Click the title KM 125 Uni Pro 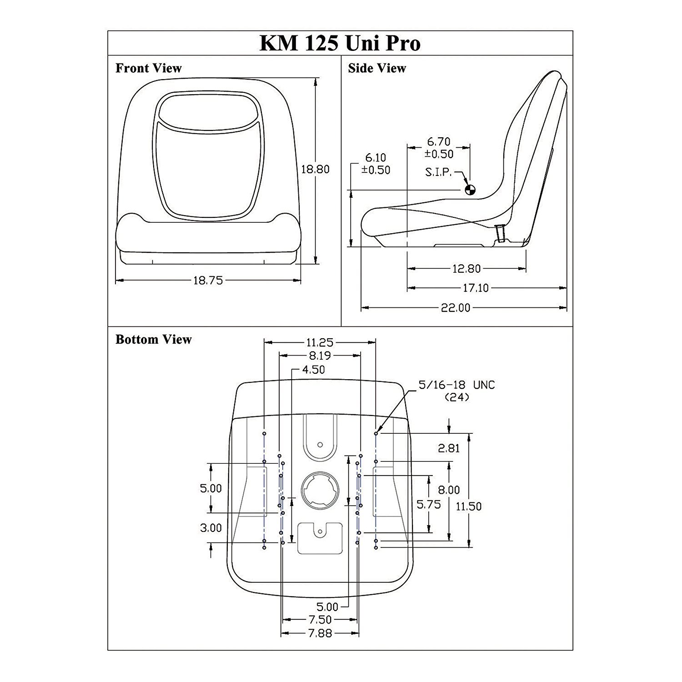[340, 43]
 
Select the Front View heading [148, 68]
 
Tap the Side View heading [377, 68]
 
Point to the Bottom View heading [154, 340]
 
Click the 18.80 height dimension [315, 169]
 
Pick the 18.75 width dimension [208, 281]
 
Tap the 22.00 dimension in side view [456, 308]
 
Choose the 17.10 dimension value [476, 288]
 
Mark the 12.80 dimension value [466, 269]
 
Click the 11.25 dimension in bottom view [319, 342]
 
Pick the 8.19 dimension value [319, 356]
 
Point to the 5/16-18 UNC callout [456, 385]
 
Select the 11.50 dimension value [469, 506]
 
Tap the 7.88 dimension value [320, 633]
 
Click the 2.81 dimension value [449, 448]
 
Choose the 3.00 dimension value [211, 528]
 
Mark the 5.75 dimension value [429, 504]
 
